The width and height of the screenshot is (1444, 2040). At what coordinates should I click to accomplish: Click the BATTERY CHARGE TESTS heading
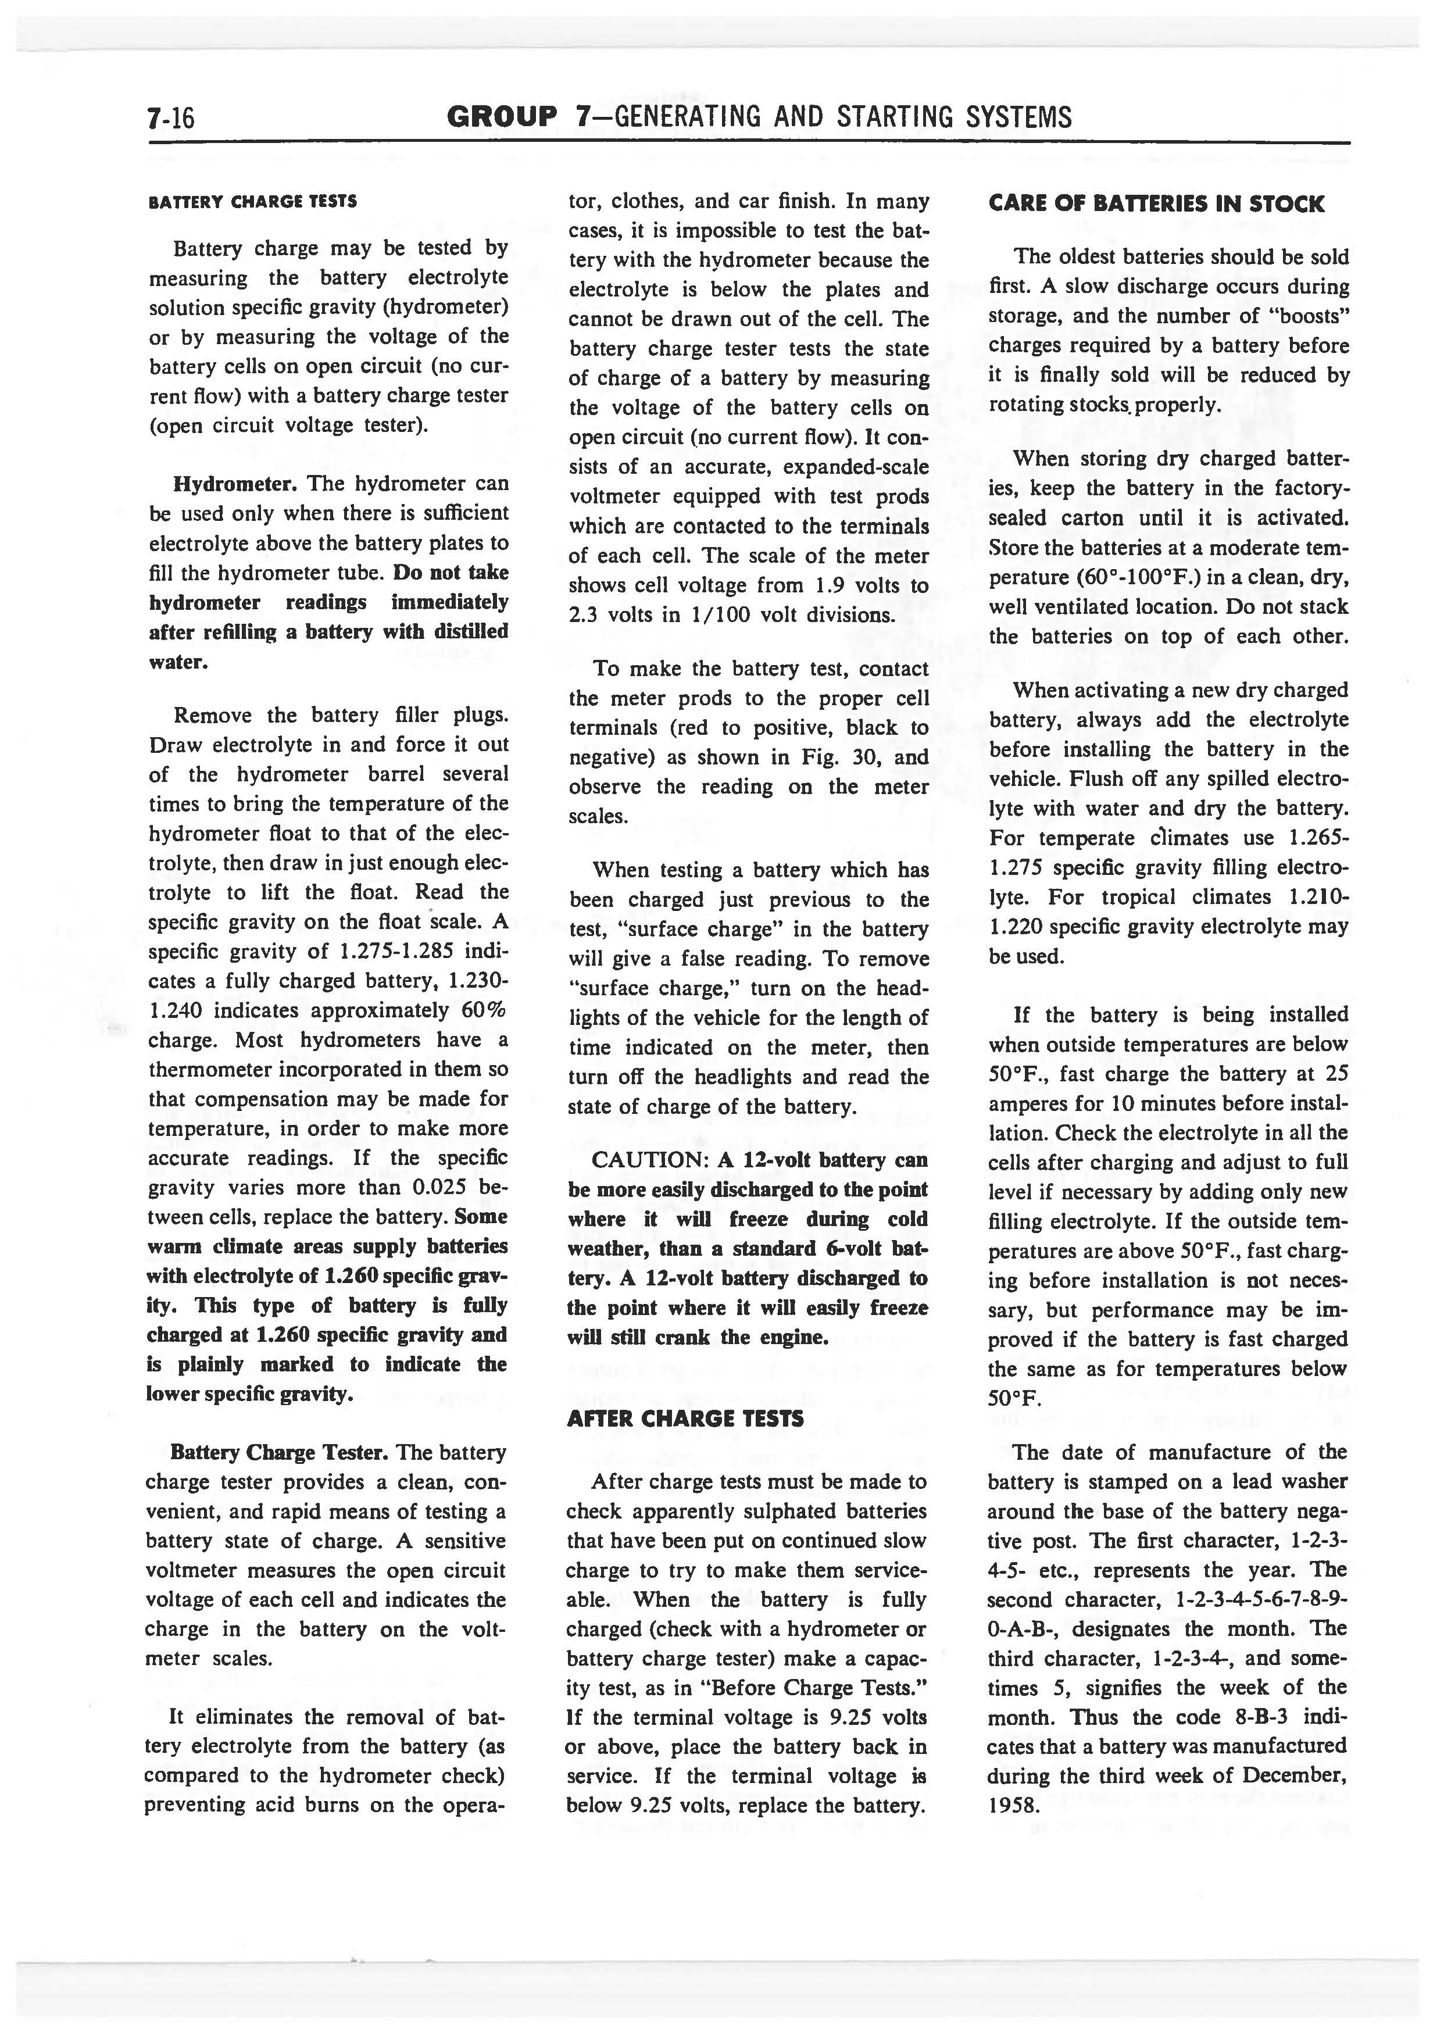[x=252, y=201]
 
